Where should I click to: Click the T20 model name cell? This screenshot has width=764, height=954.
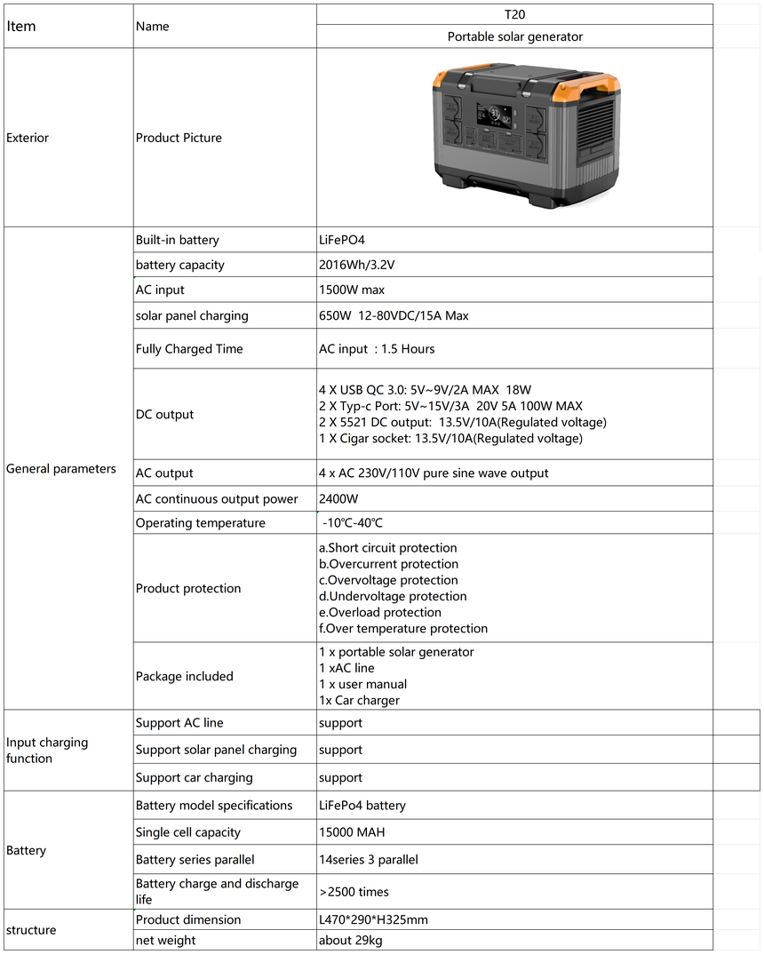[x=514, y=14]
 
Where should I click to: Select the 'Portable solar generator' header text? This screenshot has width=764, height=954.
[x=514, y=36]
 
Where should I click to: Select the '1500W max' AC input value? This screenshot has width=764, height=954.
[x=352, y=290]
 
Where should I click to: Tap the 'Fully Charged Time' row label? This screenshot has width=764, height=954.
[x=189, y=349]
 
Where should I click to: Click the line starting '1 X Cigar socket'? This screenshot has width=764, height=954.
[x=450, y=439]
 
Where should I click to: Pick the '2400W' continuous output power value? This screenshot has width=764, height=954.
[x=337, y=499]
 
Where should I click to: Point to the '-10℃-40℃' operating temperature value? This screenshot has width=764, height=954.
[x=354, y=523]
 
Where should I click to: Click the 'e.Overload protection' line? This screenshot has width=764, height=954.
[x=380, y=612]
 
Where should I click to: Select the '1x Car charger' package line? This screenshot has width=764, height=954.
[x=359, y=700]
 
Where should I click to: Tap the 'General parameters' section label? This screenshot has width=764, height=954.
[x=61, y=468]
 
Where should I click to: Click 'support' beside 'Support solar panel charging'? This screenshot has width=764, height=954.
[x=340, y=750]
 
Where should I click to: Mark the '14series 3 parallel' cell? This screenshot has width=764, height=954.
[x=368, y=860]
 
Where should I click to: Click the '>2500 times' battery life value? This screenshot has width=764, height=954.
[x=354, y=892]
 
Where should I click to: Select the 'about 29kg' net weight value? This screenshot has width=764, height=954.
[x=351, y=941]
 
